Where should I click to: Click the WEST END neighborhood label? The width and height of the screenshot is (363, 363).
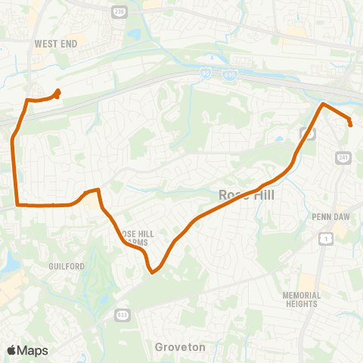coord(55,45)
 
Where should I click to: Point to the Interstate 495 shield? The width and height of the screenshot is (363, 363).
coord(228,74)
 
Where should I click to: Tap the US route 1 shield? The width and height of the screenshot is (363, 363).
coord(326,239)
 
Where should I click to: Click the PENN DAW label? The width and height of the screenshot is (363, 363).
coord(329,216)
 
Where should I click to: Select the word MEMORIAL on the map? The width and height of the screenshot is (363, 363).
coord(302,296)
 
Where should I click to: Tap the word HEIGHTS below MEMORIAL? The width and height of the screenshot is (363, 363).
coord(302,304)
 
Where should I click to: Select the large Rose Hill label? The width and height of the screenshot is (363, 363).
coord(248,195)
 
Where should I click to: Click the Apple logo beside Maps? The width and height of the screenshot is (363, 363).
coord(12,350)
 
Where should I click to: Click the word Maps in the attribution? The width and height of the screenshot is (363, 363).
coord(33,350)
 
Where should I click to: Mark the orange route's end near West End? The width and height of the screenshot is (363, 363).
coord(58,92)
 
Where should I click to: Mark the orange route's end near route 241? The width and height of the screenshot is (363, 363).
coord(351,123)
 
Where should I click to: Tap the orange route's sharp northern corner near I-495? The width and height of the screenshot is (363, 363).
coord(324,104)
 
